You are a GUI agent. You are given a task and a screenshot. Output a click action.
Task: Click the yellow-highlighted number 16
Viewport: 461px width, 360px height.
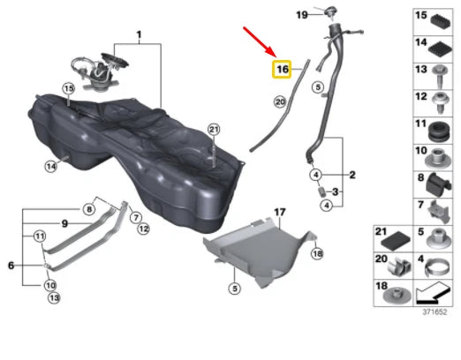click(282, 70)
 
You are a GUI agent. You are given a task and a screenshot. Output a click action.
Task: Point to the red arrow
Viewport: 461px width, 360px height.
click(260, 41)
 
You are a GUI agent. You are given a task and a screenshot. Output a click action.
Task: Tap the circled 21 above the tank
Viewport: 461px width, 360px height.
click(214, 130)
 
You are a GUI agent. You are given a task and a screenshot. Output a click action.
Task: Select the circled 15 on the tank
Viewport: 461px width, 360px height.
click(68, 88)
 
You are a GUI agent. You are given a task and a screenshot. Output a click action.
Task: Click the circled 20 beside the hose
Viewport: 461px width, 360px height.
click(280, 101)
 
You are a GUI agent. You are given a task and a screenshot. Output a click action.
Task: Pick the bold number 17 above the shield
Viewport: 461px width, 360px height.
click(280, 212)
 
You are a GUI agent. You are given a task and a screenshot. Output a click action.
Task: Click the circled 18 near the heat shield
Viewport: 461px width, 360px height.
click(317, 253)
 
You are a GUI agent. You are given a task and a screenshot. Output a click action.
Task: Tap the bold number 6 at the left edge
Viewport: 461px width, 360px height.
click(11, 266)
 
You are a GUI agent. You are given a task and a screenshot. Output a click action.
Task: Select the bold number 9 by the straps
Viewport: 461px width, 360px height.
click(64, 224)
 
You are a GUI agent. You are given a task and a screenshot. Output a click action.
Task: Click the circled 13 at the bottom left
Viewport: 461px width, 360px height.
click(54, 298)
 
